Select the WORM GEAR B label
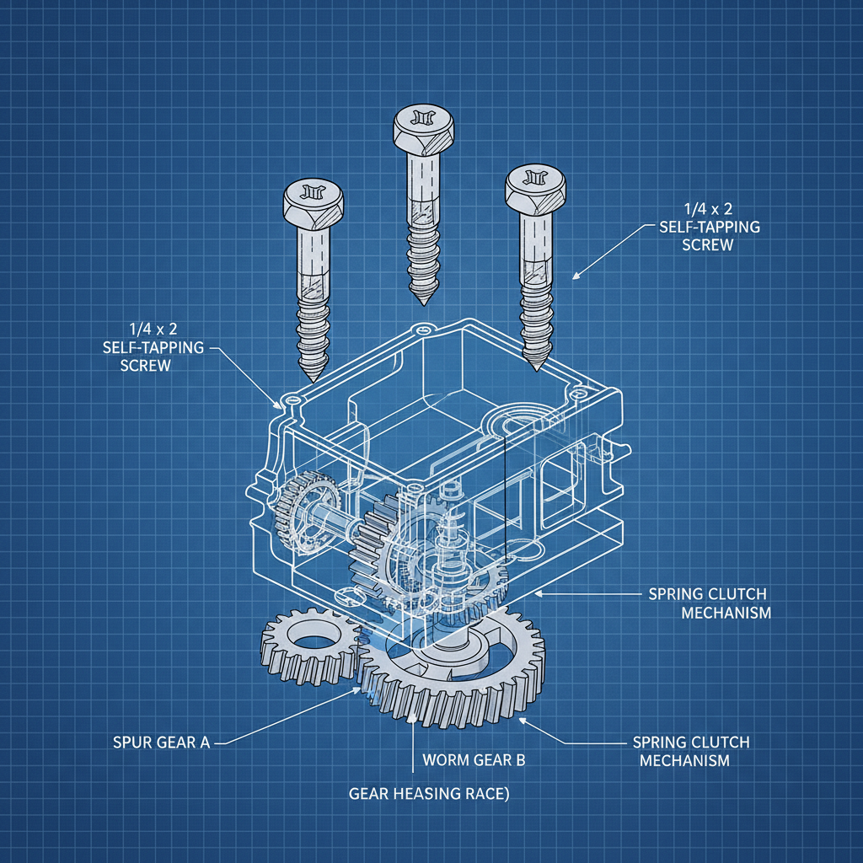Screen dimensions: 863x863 click(474, 760)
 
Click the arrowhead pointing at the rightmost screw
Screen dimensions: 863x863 click(576, 275)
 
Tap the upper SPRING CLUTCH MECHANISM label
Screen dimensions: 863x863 click(710, 603)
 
